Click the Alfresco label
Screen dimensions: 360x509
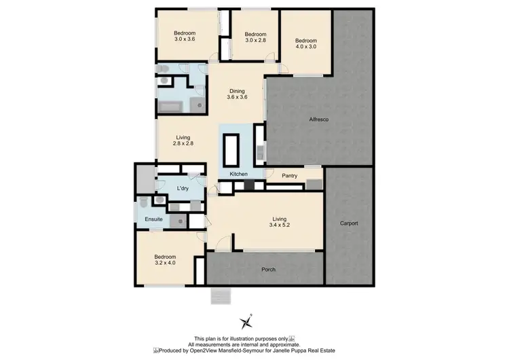(x=319, y=120)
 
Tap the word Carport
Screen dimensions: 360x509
(x=349, y=223)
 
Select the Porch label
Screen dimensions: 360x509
(x=269, y=270)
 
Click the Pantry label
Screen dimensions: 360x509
(x=290, y=176)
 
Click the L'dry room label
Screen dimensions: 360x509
(x=182, y=188)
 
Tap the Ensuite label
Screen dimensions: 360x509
(x=154, y=219)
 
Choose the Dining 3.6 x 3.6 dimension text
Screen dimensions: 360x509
(x=237, y=97)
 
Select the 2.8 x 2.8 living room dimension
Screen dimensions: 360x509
(x=184, y=143)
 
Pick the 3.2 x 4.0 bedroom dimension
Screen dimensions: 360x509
(x=165, y=262)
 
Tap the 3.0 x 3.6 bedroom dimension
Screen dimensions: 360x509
(x=185, y=39)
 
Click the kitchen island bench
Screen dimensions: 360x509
(x=231, y=149)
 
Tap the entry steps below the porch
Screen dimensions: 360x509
(x=221, y=296)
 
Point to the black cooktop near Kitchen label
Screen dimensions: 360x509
(x=250, y=183)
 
